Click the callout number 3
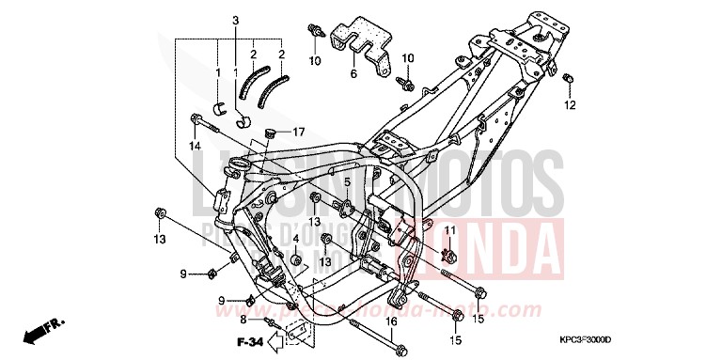click(236, 21)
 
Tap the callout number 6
click(354, 73)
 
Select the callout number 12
click(570, 106)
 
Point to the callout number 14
click(195, 147)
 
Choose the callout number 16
click(392, 321)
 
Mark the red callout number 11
click(449, 231)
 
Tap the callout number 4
click(295, 239)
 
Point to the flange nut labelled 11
click(448, 252)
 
